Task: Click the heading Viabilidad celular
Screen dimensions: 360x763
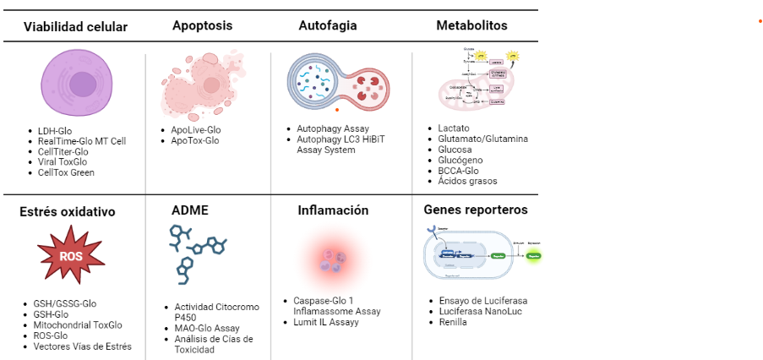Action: (76, 26)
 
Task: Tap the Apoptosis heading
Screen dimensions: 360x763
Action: (202, 25)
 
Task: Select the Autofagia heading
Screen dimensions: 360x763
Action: (328, 25)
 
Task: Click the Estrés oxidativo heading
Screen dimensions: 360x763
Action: (68, 210)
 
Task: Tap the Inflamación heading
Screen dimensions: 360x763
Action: (333, 210)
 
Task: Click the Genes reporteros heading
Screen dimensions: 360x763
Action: (475, 210)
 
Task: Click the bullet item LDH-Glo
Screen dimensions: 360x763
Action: (56, 131)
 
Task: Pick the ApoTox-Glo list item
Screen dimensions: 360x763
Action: (194, 140)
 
